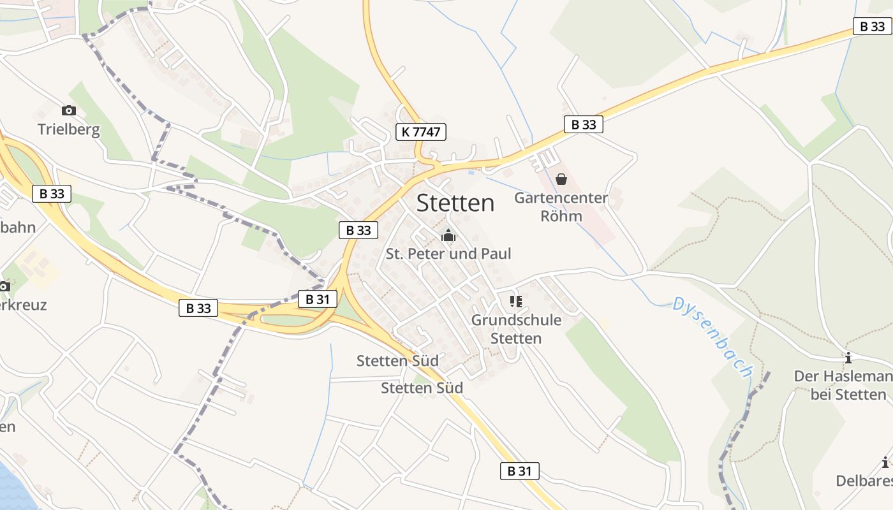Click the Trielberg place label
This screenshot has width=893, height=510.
pos(69,129)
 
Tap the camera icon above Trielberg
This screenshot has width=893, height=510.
pos(69,111)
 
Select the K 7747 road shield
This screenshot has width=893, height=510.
pos(420,132)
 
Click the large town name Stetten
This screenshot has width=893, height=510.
pos(455,203)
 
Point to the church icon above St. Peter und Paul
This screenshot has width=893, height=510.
pos(448,236)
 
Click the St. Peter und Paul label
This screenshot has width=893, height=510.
pos(448,254)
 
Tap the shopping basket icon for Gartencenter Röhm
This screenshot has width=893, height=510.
pos(561,179)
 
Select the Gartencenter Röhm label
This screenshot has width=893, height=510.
pos(561,207)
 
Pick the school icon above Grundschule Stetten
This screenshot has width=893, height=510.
pos(516,301)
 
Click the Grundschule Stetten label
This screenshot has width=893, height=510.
pos(516,329)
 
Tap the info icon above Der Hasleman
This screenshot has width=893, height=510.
pos(848,358)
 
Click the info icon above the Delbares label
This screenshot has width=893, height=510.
pos(885,463)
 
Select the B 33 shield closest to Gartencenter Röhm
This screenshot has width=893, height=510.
pos(583,124)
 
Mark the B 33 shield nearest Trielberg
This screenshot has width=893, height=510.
pos(52,194)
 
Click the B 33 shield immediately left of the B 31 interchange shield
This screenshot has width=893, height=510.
pos(198,309)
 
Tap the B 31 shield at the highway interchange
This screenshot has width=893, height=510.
pos(317,299)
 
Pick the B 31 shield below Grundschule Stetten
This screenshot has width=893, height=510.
pos(519,471)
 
